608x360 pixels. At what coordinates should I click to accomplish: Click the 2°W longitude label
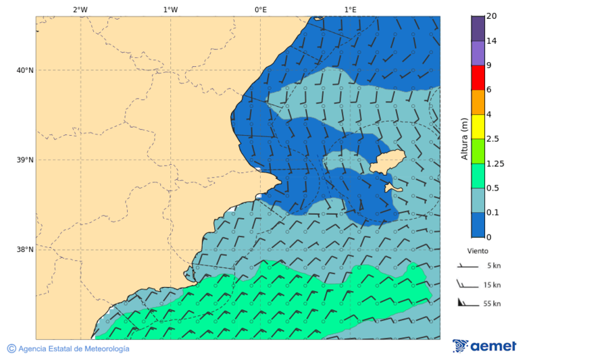point(80,9)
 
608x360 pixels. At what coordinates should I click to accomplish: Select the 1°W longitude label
point(170,9)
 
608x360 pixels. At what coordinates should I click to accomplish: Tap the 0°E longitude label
point(260,9)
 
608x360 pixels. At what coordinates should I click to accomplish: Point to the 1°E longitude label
point(350,9)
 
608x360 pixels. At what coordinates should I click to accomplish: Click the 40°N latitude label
point(25,70)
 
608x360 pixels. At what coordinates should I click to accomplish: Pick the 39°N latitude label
point(25,160)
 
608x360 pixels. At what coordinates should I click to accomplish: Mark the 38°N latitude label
point(25,250)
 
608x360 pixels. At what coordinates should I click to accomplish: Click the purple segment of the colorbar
point(478,53)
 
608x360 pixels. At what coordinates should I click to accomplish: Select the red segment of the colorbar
point(478,77)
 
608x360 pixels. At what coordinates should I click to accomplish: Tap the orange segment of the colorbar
point(478,102)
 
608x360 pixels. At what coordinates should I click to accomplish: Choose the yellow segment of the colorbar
point(478,126)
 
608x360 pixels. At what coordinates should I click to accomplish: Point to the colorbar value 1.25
point(495,163)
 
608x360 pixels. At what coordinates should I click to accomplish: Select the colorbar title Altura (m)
point(464,138)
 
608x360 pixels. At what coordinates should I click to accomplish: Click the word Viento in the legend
point(478,250)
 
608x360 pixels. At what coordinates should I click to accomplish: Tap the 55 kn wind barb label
point(492,304)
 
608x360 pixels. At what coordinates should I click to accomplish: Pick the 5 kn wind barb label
point(494,266)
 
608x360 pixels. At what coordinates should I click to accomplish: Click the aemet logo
point(484,346)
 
